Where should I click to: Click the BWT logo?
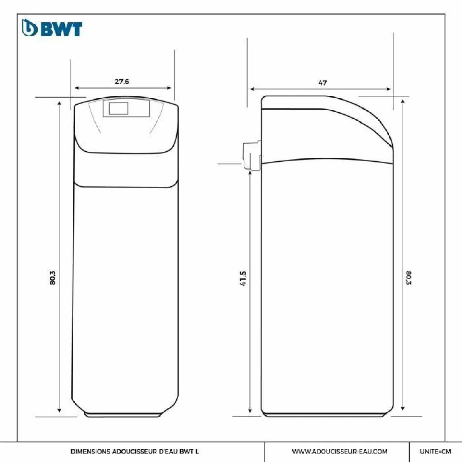coord(52,28)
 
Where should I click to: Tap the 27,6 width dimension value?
coord(122,82)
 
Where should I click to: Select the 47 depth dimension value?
coord(323,83)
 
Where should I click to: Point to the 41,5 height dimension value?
coord(243,278)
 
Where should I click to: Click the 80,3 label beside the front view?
coord(52,278)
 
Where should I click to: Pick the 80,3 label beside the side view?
coord(409,278)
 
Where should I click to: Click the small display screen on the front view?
coord(119,108)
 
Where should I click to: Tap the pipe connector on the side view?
coord(252,156)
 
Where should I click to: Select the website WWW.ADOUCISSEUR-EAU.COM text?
coord(340,452)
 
